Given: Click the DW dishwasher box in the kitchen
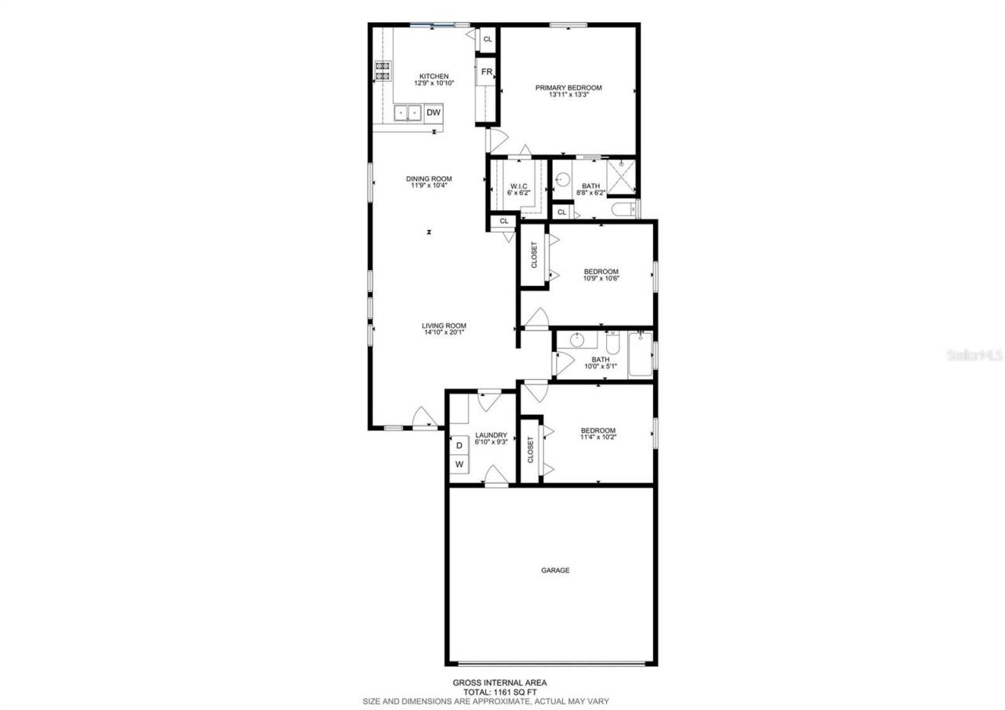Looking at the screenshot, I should [433, 113].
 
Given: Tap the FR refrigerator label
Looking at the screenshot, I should [487, 72].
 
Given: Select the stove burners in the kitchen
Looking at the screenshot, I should [383, 71].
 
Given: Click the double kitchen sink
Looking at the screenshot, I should [407, 113].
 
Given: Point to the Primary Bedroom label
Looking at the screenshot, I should [568, 88].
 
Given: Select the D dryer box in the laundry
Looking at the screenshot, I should [459, 445].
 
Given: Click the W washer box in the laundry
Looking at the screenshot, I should [459, 464].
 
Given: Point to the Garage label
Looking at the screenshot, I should [555, 570].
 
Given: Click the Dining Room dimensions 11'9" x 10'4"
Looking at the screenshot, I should [429, 186].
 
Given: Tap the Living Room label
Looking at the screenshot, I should [444, 325].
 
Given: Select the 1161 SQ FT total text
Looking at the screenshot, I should [499, 692].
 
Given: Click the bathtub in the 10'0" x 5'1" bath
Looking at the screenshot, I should [640, 354].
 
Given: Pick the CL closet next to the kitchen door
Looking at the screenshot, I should [488, 38].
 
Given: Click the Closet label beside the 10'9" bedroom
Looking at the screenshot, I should [534, 254].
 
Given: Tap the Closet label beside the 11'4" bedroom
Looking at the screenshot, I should [531, 449].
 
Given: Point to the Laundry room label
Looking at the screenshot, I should [492, 435].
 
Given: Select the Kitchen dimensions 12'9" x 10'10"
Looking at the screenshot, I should [434, 83].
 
